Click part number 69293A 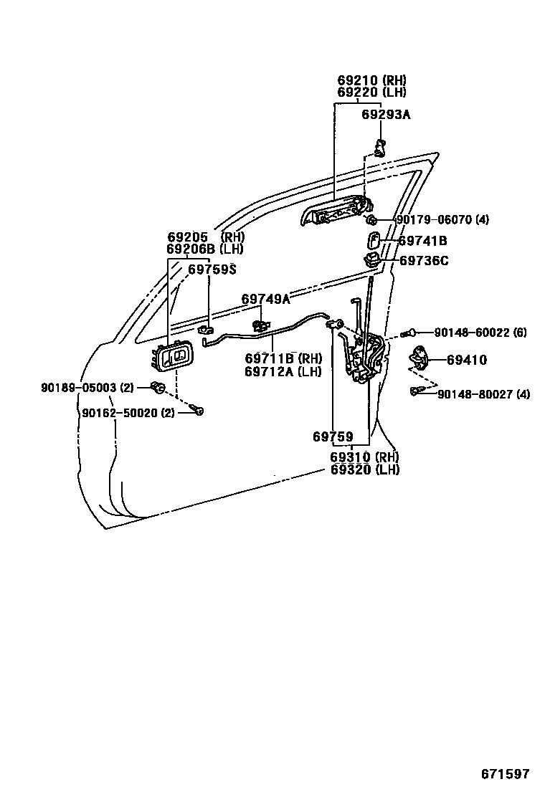(386, 114)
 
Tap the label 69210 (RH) (371, 80)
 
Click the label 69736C (423, 261)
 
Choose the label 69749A (265, 299)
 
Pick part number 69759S (212, 269)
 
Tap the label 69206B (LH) (205, 249)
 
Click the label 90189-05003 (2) (87, 388)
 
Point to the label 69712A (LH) (283, 371)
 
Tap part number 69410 (466, 361)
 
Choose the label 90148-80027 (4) (483, 393)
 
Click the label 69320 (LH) (364, 470)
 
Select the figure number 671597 (504, 774)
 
